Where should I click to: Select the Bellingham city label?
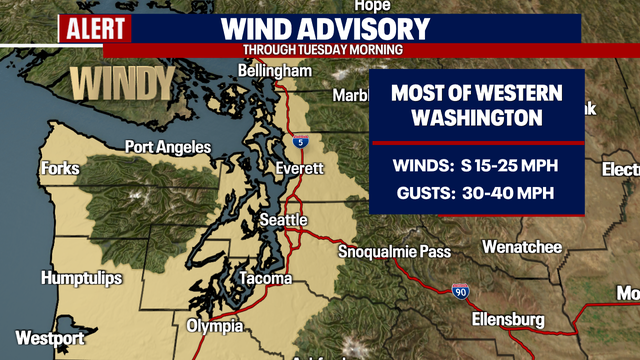[x=275, y=72]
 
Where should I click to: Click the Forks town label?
[x=60, y=168]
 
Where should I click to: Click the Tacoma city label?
[x=266, y=277]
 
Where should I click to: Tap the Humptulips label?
[x=83, y=277]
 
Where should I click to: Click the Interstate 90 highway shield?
[x=460, y=291]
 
